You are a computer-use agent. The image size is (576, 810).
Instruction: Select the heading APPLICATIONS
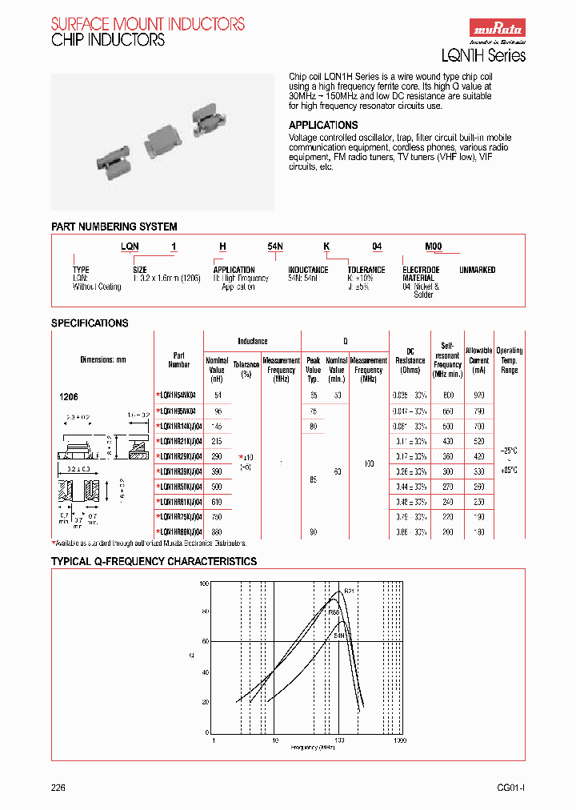[x=322, y=126]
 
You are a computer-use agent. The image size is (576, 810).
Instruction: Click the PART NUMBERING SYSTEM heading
[x=114, y=227]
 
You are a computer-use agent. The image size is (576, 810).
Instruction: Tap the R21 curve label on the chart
[x=349, y=591]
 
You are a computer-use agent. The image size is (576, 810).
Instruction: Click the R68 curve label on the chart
[x=334, y=612]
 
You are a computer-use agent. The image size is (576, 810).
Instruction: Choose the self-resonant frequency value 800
[x=448, y=395]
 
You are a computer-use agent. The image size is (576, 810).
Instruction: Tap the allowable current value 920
[x=479, y=395]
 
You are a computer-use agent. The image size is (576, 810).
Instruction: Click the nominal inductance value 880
[x=217, y=532]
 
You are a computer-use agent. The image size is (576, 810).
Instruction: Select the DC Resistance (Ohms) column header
[x=410, y=360]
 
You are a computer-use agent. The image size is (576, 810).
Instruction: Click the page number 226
[x=58, y=788]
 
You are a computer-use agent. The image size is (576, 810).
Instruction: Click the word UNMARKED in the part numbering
[x=477, y=271]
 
